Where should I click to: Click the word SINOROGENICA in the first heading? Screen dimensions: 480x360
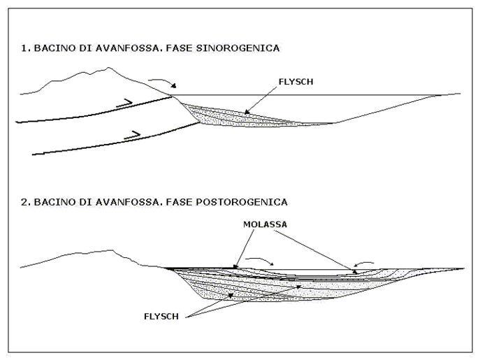pyautogui.click(x=238, y=48)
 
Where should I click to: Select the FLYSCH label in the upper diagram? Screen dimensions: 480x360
pyautogui.click(x=296, y=82)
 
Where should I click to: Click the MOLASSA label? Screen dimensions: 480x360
pyautogui.click(x=265, y=224)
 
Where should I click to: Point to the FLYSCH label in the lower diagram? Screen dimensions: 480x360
pyautogui.click(x=161, y=316)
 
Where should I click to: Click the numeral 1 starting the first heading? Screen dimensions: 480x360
pyautogui.click(x=24, y=48)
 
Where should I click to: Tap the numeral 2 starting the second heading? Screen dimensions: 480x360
pyautogui.click(x=24, y=202)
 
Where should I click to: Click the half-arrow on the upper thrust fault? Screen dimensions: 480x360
pyautogui.click(x=124, y=103)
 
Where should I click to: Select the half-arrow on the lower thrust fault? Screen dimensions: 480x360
pyautogui.click(x=132, y=135)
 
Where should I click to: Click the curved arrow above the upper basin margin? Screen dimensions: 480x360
pyautogui.click(x=163, y=81)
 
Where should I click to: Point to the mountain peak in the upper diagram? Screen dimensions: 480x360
pyautogui.click(x=108, y=68)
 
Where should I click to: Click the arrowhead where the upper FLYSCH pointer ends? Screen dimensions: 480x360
pyautogui.click(x=247, y=112)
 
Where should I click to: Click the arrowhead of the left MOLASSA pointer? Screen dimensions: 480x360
pyautogui.click(x=235, y=266)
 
